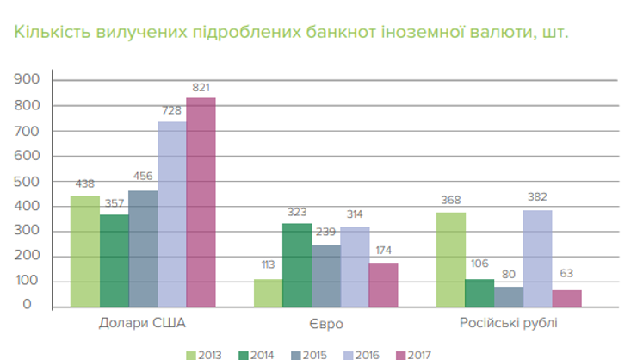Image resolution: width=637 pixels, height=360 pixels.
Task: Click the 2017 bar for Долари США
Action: point(201,202)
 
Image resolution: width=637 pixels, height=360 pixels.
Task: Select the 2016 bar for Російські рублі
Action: point(537,258)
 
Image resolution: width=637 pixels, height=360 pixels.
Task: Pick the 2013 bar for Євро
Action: point(268,292)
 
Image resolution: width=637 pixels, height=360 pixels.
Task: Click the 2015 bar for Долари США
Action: point(143,248)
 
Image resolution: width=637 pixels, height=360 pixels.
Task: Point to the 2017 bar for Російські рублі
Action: point(566,298)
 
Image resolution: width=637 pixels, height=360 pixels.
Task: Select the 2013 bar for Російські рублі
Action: point(451,259)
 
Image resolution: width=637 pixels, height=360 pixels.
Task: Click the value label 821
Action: point(201,88)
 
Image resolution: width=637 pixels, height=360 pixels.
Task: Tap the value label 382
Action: point(537,198)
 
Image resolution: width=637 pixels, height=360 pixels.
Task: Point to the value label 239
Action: point(325,233)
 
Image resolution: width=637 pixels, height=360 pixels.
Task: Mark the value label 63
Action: point(566,275)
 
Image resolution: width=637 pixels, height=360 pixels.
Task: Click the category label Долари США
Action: point(143,324)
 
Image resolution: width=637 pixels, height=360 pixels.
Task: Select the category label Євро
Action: point(325,324)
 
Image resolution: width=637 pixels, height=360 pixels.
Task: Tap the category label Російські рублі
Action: point(508,324)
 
